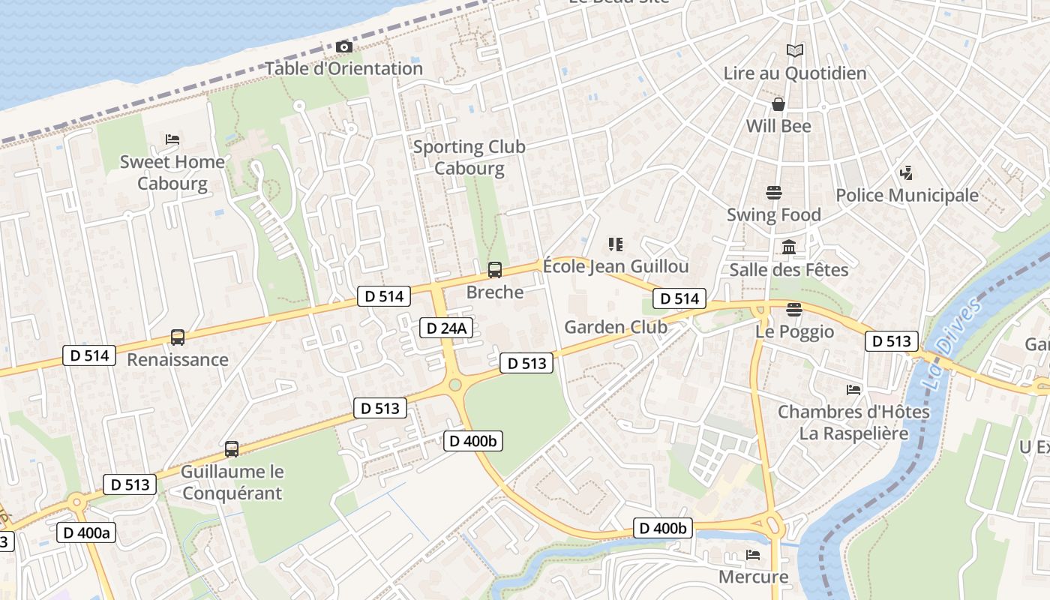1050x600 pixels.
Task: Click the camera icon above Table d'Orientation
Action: pos(344,47)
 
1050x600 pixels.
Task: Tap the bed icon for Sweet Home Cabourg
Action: pos(172,139)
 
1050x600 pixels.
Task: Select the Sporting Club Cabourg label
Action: pos(469,157)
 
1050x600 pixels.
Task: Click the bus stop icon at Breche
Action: pos(495,270)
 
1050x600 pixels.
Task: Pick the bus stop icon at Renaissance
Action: pos(178,337)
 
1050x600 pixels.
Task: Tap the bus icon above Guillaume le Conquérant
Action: pos(232,449)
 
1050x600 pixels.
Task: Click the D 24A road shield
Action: pos(446,328)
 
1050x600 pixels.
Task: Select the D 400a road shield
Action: pos(86,532)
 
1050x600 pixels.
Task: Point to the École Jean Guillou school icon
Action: pos(616,244)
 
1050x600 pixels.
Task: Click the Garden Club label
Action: pos(616,327)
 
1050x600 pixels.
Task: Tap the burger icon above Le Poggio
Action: pos(794,310)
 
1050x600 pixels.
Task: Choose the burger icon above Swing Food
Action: pos(774,193)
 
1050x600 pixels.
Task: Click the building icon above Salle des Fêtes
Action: pos(789,247)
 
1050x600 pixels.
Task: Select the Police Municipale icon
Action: pos(906,173)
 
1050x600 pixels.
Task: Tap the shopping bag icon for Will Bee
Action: pos(778,103)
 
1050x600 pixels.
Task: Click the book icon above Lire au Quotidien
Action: pos(795,50)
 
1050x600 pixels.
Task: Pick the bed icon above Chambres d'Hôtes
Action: pos(853,389)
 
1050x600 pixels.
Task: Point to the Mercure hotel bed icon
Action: pos(753,555)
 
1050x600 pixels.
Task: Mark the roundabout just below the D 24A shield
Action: pos(454,385)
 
